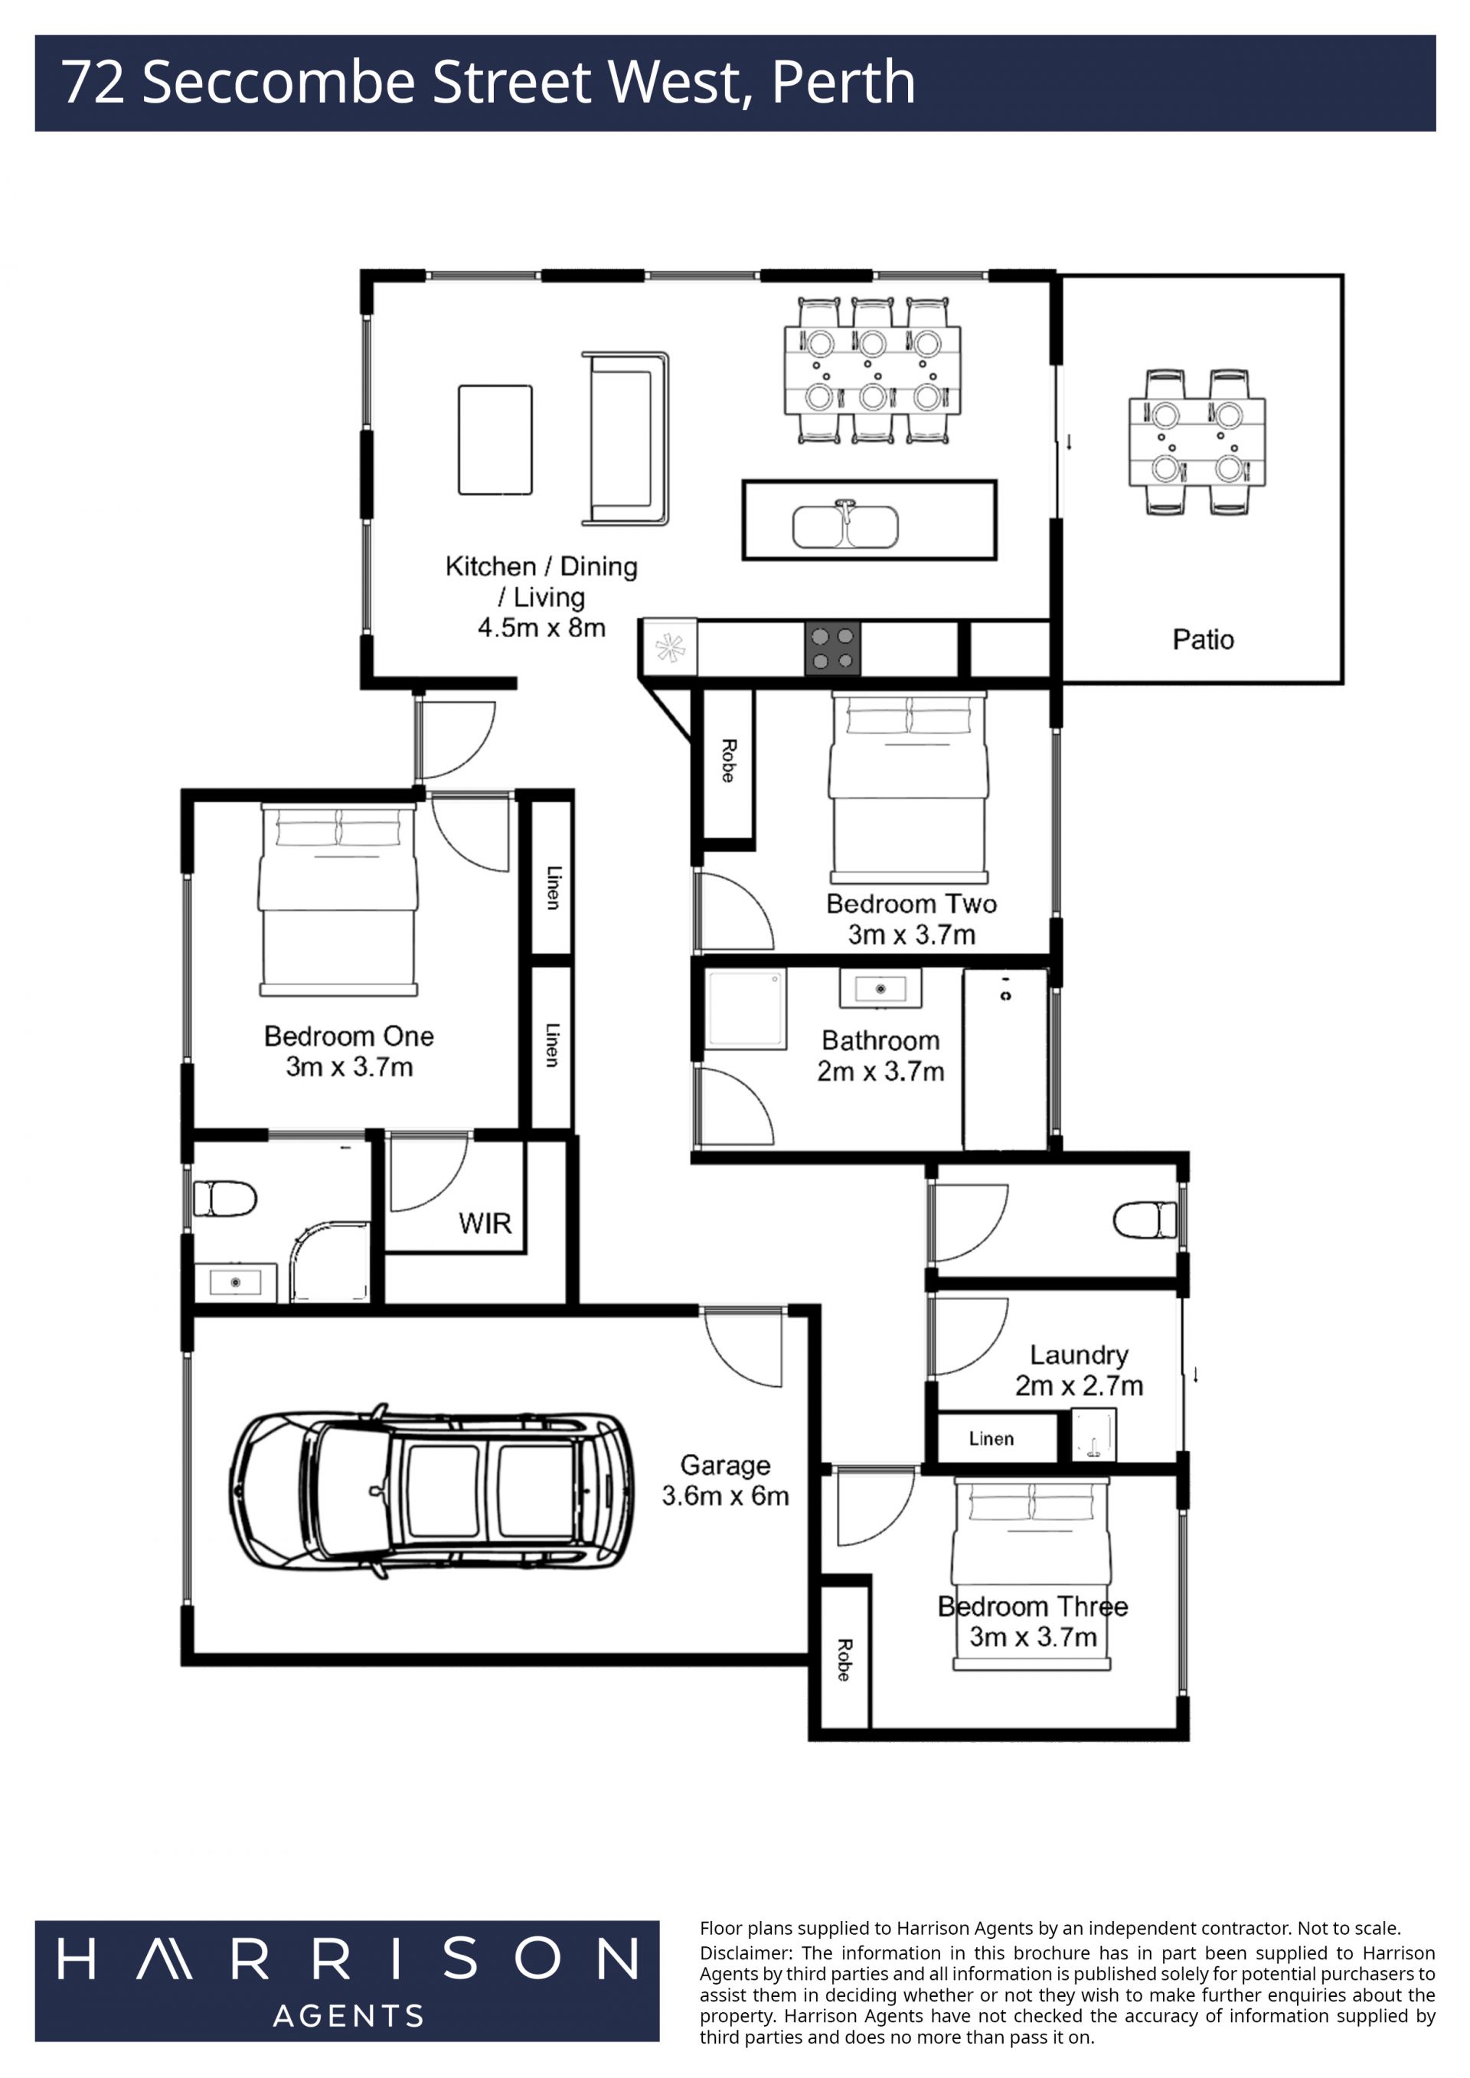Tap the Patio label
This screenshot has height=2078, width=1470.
pos(1203,640)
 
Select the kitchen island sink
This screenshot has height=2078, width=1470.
pos(845,525)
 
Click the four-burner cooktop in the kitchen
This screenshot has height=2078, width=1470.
pos(833,648)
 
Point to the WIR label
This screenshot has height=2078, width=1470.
pos(485,1224)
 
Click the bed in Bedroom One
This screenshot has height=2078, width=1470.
pos(338,899)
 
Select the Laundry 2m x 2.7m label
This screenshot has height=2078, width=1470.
pos(1079,1370)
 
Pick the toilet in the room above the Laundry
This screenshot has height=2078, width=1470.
pos(1145,1219)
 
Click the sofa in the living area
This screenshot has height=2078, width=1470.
pos(625,439)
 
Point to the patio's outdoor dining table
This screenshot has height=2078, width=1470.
pos(1197,442)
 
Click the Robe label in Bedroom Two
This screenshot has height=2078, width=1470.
pos(729,761)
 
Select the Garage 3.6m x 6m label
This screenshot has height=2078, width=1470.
pos(725,1481)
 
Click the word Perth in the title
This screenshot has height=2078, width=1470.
pos(844,83)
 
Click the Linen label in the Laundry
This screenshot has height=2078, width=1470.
pos(991,1438)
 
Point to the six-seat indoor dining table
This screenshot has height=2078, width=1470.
pos(873,371)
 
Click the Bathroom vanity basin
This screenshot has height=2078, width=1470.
pos(880,988)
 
